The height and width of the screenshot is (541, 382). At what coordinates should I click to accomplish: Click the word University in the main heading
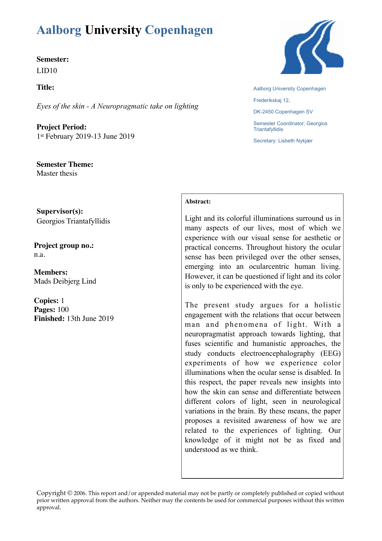tap(113, 30)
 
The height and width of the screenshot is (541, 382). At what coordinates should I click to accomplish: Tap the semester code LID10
tap(47, 71)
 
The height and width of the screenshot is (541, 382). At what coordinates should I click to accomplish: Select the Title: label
tap(45, 88)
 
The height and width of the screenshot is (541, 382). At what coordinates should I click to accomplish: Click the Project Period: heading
tap(61, 127)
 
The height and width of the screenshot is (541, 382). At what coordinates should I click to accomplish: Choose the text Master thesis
tap(57, 173)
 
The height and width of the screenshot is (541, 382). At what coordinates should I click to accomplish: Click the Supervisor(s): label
tap(60, 211)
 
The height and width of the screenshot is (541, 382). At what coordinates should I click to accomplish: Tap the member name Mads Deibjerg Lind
tap(65, 281)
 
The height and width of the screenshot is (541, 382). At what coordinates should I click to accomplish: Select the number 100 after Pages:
tap(63, 309)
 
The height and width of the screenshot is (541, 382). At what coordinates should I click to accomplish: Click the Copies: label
tap(46, 301)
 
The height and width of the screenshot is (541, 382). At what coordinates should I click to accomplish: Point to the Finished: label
tap(49, 318)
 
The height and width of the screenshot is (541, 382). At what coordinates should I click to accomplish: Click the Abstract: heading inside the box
tap(198, 202)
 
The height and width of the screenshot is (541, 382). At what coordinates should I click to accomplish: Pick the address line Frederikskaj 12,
tap(271, 100)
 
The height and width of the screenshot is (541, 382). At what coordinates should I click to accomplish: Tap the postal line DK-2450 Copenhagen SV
tap(283, 112)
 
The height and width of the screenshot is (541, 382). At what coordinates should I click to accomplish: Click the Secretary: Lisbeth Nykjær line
tap(283, 141)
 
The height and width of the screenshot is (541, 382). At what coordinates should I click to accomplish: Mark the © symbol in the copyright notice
tap(70, 493)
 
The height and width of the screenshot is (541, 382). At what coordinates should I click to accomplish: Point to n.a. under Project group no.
tap(39, 255)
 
